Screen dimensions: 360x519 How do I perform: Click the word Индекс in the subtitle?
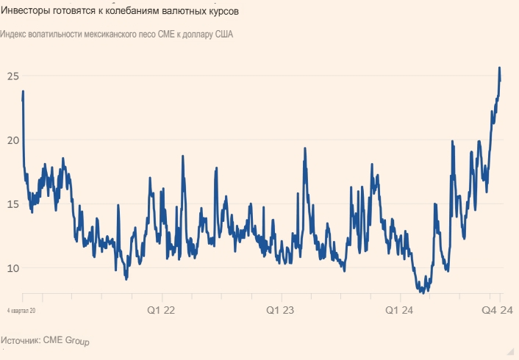(16, 35)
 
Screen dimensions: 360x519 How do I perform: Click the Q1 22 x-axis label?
(160, 311)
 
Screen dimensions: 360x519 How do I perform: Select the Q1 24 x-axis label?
(401, 311)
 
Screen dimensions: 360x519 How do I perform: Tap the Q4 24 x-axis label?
(497, 311)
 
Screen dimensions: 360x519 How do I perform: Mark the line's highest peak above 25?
(500, 68)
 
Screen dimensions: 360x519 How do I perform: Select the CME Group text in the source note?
(66, 341)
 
